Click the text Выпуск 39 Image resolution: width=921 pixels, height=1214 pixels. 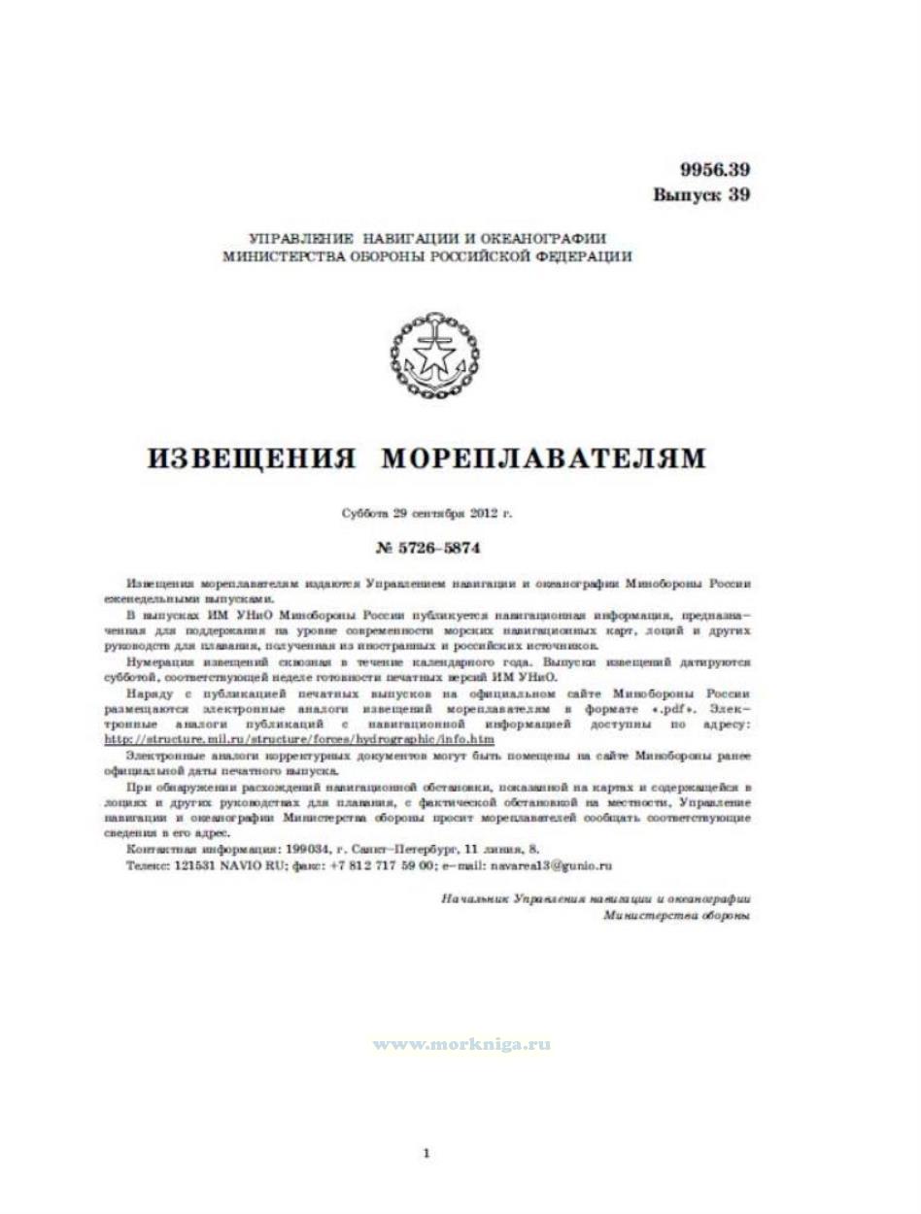[x=701, y=194]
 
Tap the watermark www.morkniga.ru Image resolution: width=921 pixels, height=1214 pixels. [x=461, y=1044]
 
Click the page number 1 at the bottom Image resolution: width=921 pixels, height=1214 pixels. [x=426, y=1154]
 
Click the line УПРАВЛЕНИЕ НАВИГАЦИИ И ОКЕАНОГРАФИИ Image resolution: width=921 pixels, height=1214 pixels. [x=427, y=238]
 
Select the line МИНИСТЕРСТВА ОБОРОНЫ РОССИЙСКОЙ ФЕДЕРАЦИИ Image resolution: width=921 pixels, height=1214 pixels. [x=427, y=257]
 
